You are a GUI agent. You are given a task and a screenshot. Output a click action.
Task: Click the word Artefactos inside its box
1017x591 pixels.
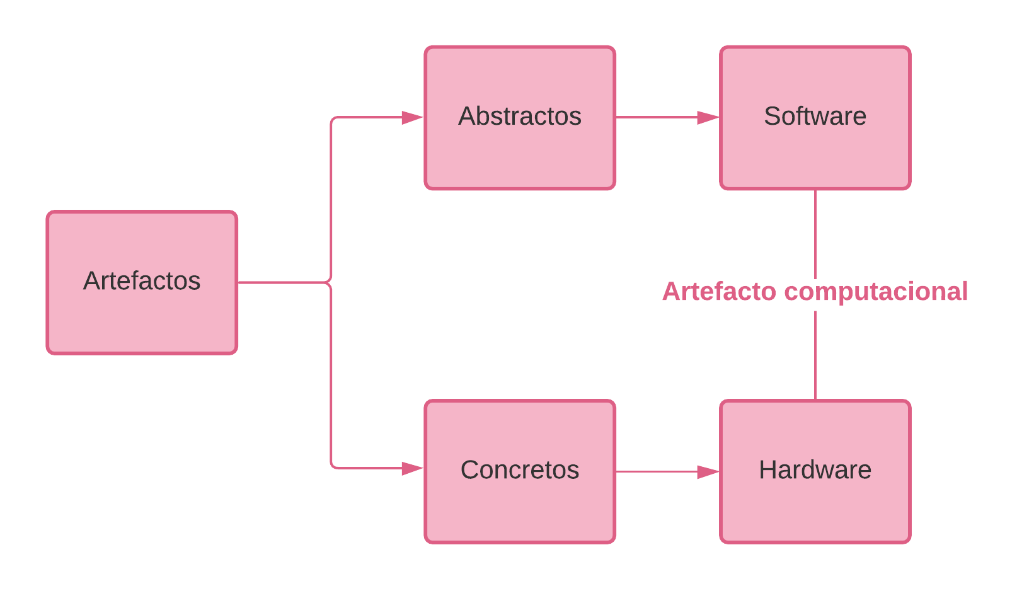coord(142,281)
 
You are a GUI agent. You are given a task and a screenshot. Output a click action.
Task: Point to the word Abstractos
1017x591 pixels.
coord(520,117)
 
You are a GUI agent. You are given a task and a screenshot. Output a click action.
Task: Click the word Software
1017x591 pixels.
coord(815,117)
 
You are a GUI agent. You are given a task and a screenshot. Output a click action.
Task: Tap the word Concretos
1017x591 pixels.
coord(520,470)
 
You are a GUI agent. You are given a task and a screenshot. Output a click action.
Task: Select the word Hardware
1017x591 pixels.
coord(815,470)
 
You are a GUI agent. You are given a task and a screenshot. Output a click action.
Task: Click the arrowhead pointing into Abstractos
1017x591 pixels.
coord(413,118)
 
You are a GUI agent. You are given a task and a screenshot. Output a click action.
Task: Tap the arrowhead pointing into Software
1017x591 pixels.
coord(708,118)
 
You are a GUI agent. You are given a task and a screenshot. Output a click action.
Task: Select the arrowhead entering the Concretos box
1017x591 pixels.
coord(413,468)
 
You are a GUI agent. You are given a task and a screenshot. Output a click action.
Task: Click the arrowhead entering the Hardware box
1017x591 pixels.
coord(708,472)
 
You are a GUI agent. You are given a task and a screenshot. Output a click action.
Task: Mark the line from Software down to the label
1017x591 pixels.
coord(815,233)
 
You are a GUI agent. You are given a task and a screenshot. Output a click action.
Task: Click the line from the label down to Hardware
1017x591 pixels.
coord(815,356)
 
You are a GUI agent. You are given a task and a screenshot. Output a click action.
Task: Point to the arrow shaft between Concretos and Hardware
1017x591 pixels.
coord(655,471)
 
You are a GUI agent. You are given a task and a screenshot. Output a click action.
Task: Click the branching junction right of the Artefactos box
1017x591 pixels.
coord(330,282)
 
